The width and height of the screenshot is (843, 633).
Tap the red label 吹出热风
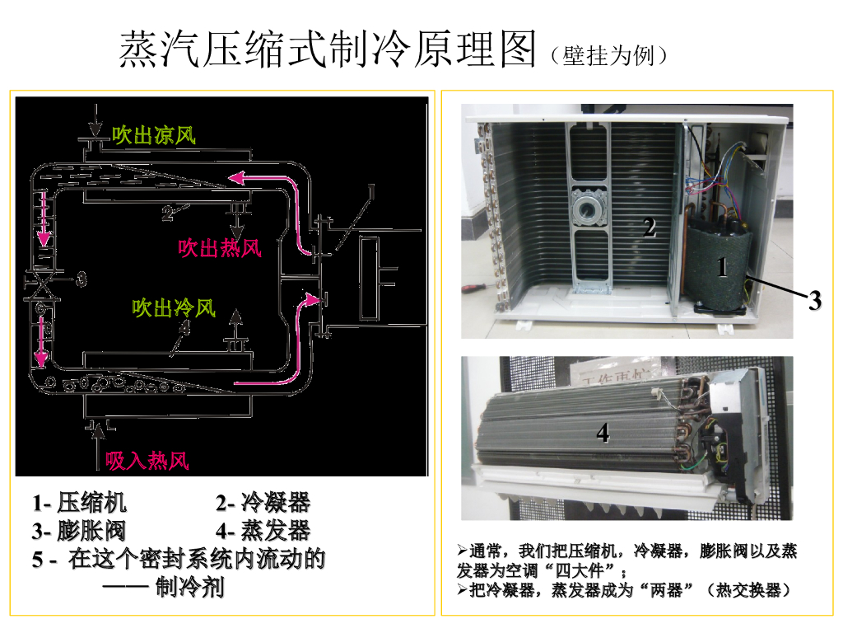220,247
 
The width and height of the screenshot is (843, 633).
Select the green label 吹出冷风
174,308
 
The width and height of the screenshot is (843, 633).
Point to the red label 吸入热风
147,460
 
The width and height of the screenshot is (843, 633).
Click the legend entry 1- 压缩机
80,504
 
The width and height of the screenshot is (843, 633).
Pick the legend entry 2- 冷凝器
263,504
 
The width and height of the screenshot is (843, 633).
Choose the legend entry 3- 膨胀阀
80,531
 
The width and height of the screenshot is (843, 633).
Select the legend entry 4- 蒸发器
263,531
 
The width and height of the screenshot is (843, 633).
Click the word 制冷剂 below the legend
190,588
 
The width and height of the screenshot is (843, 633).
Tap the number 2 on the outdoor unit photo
650,227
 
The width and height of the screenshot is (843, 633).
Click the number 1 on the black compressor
722,267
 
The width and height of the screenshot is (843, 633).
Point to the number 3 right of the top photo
814,301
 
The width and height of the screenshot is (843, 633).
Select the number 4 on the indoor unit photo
603,432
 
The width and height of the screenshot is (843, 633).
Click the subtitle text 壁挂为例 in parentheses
608,56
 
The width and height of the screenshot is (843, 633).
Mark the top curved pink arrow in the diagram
272,190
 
